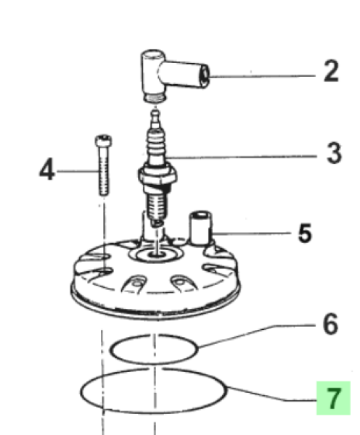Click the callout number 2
click(x=331, y=71)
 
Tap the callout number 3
click(x=334, y=153)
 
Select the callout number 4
click(x=47, y=169)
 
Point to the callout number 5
click(x=305, y=233)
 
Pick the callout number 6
click(x=330, y=324)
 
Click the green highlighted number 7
click(x=333, y=398)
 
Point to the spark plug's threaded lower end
click(x=157, y=207)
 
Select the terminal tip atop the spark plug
click(x=155, y=119)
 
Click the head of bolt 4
click(x=103, y=141)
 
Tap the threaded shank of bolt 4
click(x=104, y=171)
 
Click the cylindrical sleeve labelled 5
click(x=200, y=228)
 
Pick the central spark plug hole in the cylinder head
click(x=156, y=254)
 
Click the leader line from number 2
click(x=262, y=76)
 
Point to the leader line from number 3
click(x=242, y=157)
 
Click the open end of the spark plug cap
click(x=205, y=75)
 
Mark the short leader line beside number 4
click(x=77, y=171)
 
